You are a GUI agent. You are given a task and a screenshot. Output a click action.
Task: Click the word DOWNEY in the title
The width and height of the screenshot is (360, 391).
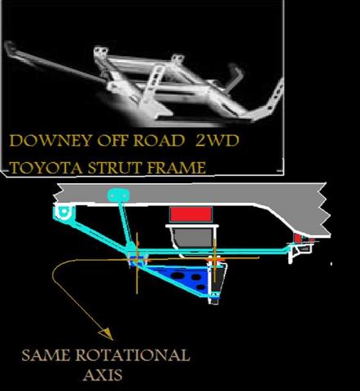click(50, 141)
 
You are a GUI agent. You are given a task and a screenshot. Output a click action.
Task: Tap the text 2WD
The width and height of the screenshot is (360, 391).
click(217, 140)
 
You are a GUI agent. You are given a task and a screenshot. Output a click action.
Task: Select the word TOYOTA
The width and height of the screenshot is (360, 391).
click(46, 168)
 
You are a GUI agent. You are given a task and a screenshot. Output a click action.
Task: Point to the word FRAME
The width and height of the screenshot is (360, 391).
click(177, 168)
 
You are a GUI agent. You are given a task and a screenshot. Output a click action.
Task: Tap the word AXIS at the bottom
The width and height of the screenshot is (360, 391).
click(103, 375)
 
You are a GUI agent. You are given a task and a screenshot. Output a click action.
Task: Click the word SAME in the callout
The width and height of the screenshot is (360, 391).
click(46, 355)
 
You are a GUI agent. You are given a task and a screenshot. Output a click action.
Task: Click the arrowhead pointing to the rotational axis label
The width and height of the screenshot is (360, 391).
click(108, 334)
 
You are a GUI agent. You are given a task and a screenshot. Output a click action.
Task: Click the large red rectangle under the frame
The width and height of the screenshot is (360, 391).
click(191, 214)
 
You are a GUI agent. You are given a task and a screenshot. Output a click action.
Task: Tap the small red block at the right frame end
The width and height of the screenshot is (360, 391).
click(298, 238)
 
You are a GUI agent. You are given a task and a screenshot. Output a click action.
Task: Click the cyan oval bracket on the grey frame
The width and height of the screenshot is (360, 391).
click(118, 195)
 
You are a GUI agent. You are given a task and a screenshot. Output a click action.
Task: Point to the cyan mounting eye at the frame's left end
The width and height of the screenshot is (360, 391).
click(64, 211)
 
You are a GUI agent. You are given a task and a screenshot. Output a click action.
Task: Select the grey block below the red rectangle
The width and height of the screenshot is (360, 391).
click(193, 238)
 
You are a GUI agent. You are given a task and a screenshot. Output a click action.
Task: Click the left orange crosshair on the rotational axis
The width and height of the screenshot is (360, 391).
click(137, 260)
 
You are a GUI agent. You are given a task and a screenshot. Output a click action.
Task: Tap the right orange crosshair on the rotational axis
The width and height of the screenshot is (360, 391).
click(215, 260)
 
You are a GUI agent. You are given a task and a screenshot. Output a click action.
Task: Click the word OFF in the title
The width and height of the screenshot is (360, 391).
click(112, 141)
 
